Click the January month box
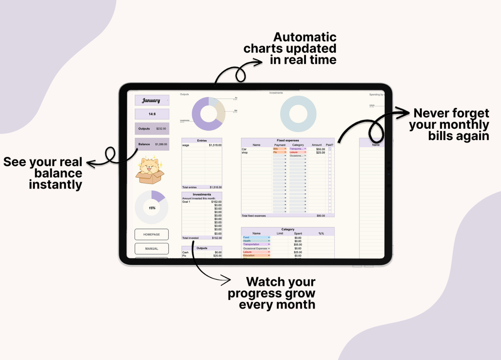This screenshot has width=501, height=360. click(x=152, y=100)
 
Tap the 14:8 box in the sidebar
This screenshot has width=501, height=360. click(x=152, y=114)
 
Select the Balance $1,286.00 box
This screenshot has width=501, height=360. click(x=152, y=144)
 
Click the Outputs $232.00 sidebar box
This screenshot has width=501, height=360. click(x=152, y=129)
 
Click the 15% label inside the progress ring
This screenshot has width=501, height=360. click(x=152, y=208)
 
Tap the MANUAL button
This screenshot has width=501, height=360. click(x=151, y=248)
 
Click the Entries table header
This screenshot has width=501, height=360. click(x=202, y=140)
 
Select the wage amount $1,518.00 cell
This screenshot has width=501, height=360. click(x=215, y=145)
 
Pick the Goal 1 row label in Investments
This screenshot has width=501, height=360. click(x=186, y=202)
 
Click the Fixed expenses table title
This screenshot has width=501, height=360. click(x=288, y=140)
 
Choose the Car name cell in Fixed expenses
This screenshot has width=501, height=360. click(x=244, y=149)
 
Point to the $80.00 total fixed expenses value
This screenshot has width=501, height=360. click(x=321, y=216)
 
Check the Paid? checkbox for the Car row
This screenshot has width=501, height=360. click(x=330, y=149)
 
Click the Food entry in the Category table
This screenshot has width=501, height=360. click(x=246, y=238)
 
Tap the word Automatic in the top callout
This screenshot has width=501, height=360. click(x=305, y=38)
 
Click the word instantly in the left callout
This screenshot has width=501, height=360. click(x=56, y=185)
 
